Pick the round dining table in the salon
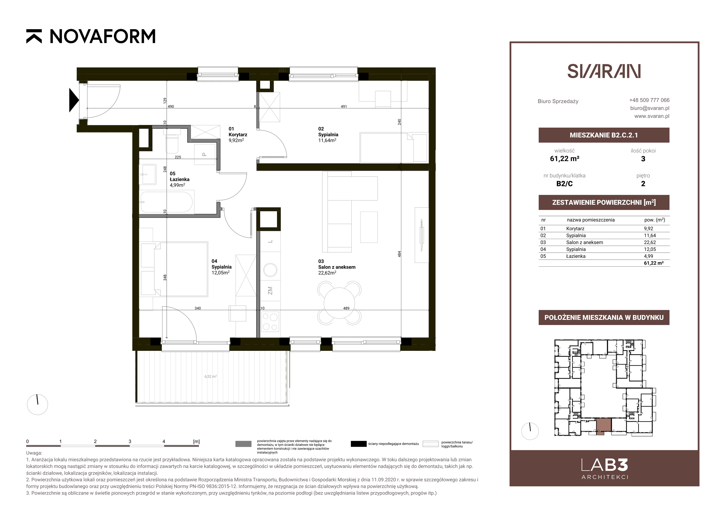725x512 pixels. click(x=339, y=303)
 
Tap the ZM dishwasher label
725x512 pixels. click(x=270, y=291)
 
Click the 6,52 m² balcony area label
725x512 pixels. click(x=210, y=376)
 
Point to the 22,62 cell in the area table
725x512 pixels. click(x=650, y=242)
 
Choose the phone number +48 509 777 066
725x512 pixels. click(x=649, y=100)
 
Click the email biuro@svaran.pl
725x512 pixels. click(x=650, y=108)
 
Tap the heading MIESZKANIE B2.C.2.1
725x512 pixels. click(x=604, y=135)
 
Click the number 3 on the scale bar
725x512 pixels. click(x=130, y=441)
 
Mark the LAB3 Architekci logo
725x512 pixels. click(x=605, y=469)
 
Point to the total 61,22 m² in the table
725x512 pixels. click(x=654, y=263)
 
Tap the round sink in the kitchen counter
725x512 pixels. click(x=270, y=270)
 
